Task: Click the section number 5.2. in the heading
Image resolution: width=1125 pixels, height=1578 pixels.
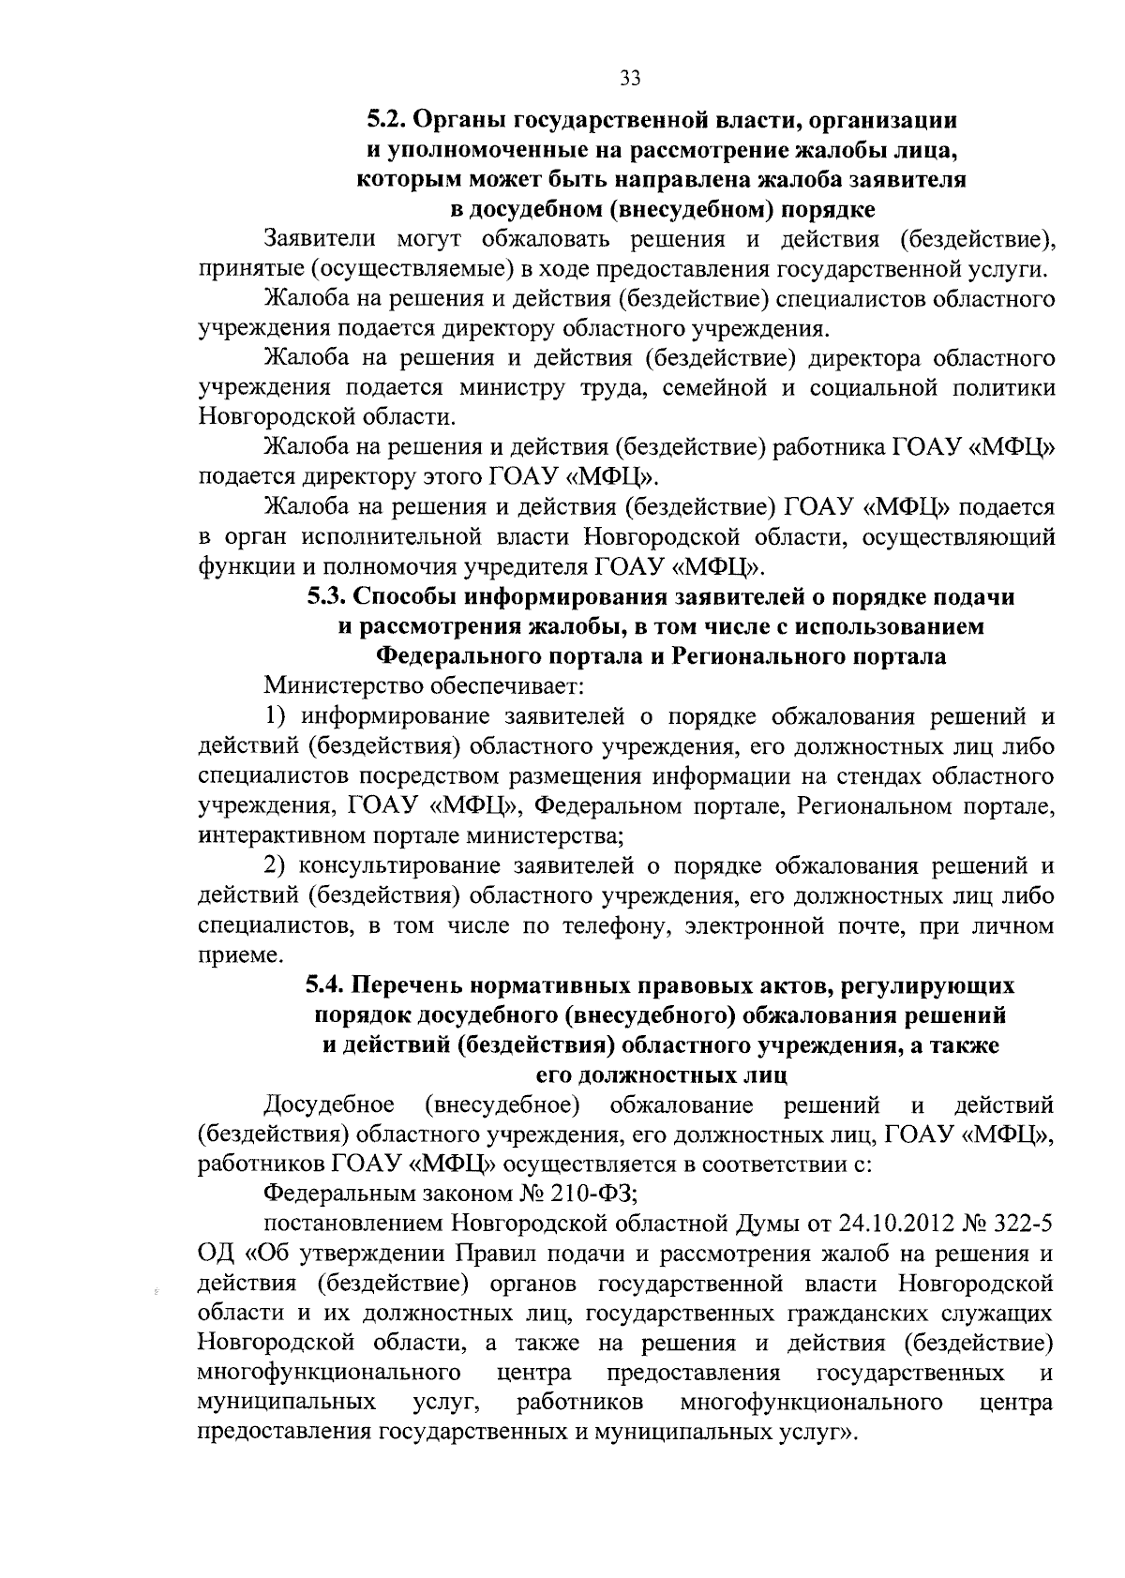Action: tap(385, 120)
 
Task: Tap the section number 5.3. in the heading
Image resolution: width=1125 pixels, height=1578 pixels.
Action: tap(327, 597)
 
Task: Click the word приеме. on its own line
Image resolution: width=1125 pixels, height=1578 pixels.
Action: tap(227, 955)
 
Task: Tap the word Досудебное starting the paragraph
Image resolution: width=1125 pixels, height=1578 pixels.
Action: tap(329, 1105)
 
